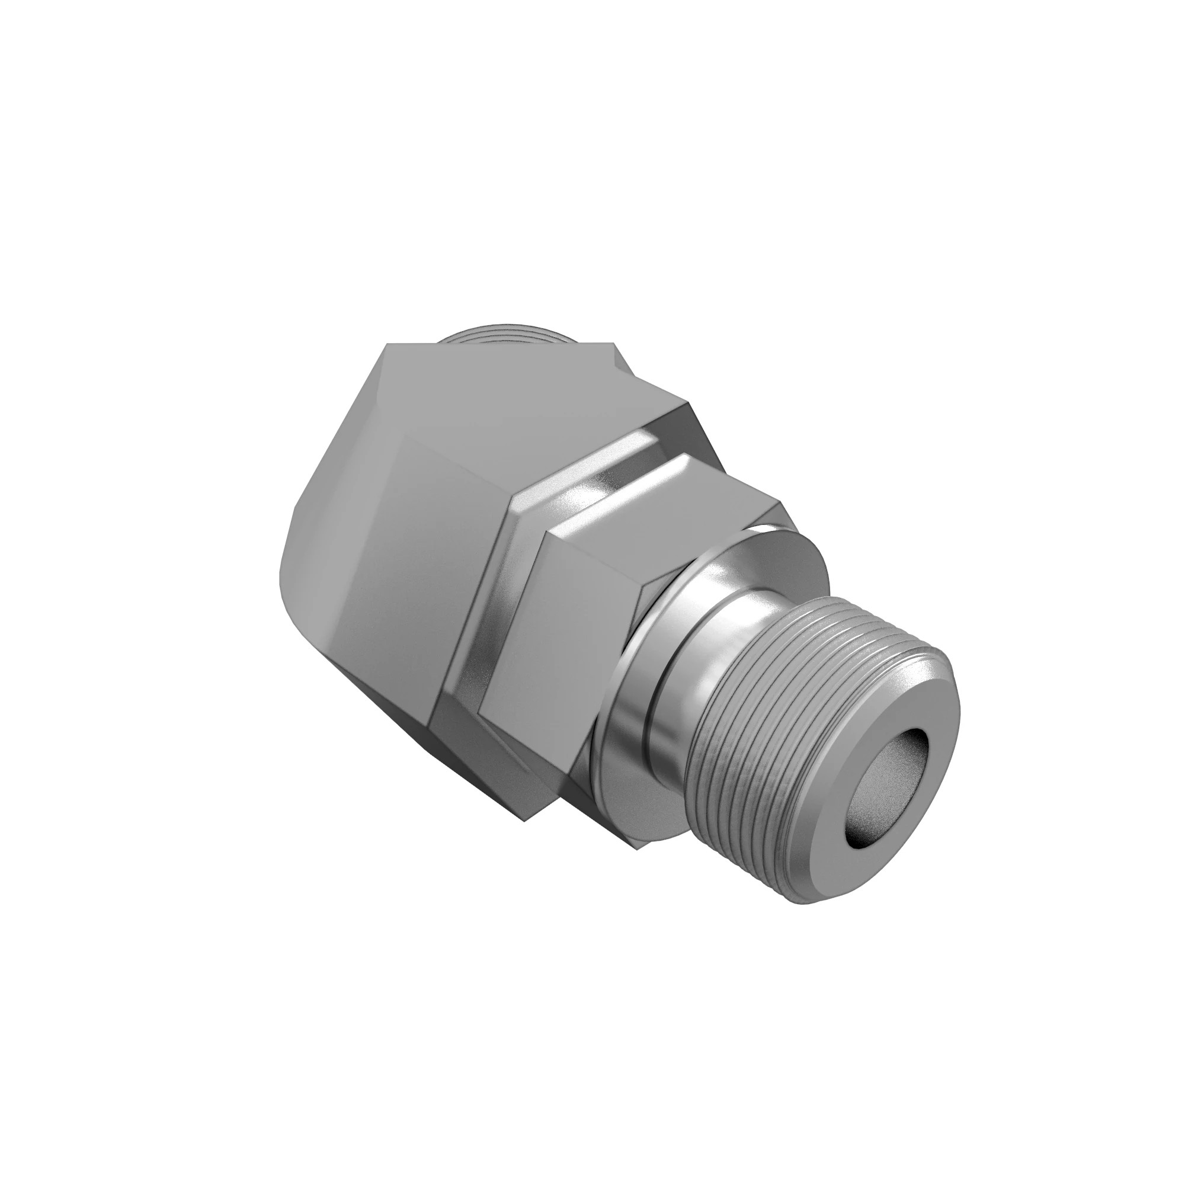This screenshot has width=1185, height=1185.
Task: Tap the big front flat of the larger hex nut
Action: [x=393, y=582]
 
